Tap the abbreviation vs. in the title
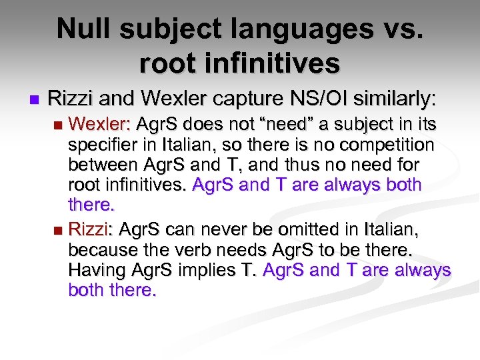click(404, 29)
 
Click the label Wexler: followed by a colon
click(101, 125)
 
